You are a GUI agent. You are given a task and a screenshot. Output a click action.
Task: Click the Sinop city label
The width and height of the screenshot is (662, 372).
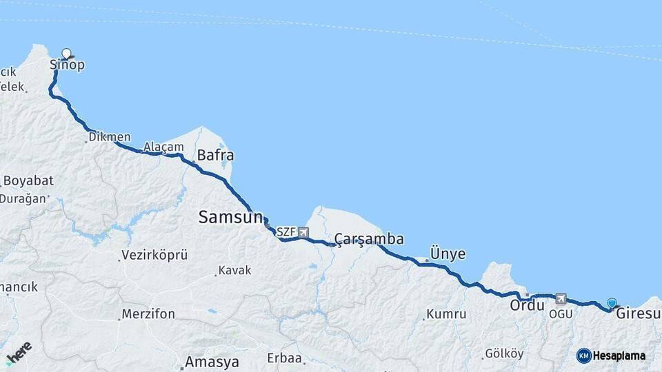(68, 65)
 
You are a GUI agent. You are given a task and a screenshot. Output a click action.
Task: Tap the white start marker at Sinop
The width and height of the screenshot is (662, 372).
(67, 53)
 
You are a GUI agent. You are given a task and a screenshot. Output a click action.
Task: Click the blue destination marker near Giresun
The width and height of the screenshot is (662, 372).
(612, 302)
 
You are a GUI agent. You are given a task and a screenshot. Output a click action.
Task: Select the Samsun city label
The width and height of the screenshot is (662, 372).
(230, 217)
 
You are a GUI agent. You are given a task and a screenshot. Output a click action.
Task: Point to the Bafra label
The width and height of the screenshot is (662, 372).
(215, 154)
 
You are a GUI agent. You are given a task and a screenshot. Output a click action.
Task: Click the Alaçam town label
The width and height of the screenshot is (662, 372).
(164, 147)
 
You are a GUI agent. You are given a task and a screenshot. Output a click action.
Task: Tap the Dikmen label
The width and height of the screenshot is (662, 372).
(110, 137)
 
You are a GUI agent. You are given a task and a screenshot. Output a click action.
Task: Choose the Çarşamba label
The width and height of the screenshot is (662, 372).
(369, 239)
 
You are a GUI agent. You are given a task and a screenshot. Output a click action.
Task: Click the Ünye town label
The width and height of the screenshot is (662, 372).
(448, 254)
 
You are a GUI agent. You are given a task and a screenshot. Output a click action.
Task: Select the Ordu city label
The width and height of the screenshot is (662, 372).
(528, 305)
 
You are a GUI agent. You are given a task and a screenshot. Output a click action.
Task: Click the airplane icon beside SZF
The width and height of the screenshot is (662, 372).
(304, 232)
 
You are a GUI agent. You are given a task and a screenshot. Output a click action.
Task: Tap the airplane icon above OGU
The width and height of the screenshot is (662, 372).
(560, 299)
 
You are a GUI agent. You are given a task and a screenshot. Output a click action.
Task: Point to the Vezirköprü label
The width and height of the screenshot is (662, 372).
(154, 255)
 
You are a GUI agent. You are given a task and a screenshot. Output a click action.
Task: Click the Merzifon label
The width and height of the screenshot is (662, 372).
(148, 314)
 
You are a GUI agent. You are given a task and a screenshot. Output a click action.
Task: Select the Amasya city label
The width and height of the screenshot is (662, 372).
(212, 362)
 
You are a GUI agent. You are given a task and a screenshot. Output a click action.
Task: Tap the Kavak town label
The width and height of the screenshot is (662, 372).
(234, 270)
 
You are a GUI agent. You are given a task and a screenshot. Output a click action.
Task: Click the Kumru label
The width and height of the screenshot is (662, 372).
(446, 314)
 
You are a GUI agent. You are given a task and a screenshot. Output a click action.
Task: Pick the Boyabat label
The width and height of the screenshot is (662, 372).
(28, 180)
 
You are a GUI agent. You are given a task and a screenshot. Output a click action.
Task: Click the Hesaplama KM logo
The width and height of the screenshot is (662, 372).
(584, 355)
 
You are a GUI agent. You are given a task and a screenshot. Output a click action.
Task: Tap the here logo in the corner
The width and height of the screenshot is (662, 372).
(19, 353)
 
